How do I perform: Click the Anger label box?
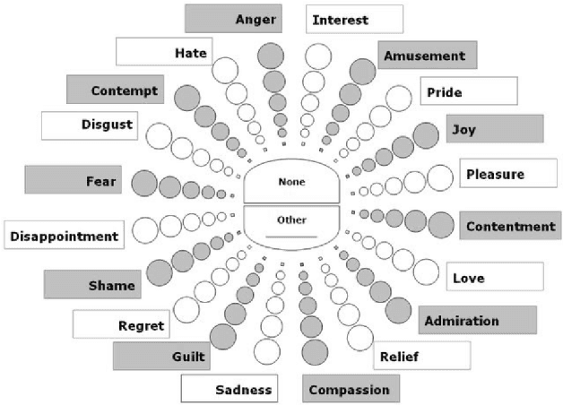[233, 18]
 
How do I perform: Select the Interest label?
[354, 19]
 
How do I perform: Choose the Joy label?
[495, 129]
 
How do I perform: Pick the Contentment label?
[510, 226]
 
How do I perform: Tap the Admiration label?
[477, 320]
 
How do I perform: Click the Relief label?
[421, 357]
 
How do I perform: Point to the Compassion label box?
[350, 389]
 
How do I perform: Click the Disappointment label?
[63, 237]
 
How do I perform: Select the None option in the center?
[291, 183]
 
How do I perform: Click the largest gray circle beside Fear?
[144, 184]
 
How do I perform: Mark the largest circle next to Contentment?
[441, 224]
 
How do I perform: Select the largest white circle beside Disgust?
[159, 135]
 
